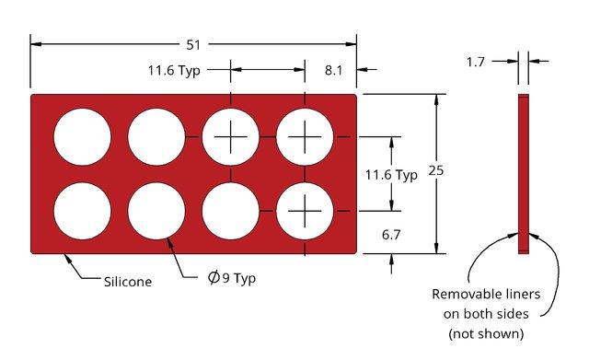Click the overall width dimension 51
[x=193, y=45]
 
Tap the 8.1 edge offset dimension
[x=333, y=70]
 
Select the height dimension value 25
[x=436, y=170]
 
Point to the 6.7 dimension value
[x=391, y=235]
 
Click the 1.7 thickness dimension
[x=476, y=62]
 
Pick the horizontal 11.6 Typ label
[x=174, y=70]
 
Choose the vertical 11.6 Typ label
[x=391, y=175]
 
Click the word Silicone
[x=128, y=282]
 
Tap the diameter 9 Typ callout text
[x=232, y=278]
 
